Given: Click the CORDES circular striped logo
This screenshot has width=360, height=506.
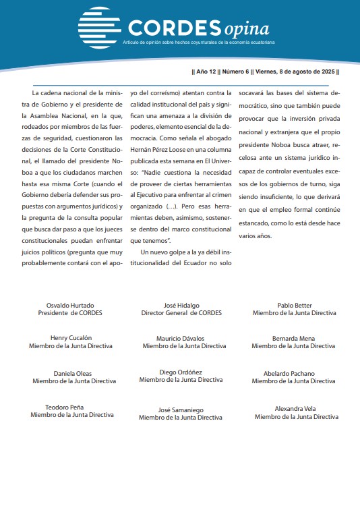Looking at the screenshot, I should click(99, 29).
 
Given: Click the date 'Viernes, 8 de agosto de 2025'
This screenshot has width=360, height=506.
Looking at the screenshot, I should click(298, 71).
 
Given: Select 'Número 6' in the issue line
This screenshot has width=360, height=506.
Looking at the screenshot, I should click(236, 71).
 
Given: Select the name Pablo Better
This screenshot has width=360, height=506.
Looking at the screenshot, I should click(294, 305).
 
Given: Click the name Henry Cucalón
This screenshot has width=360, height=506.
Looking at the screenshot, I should click(71, 337).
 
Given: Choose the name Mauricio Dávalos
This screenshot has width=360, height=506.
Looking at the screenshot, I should click(184, 337).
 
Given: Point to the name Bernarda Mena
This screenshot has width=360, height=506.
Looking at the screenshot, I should click(293, 337).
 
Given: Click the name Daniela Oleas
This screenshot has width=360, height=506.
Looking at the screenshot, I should click(72, 373).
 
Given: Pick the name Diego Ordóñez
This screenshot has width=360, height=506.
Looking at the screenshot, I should click(181, 372).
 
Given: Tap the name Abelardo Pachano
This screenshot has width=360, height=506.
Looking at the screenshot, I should click(293, 373).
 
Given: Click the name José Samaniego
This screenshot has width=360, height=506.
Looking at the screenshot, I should click(181, 410).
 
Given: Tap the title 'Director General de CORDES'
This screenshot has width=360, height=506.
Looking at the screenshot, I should click(182, 313).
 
